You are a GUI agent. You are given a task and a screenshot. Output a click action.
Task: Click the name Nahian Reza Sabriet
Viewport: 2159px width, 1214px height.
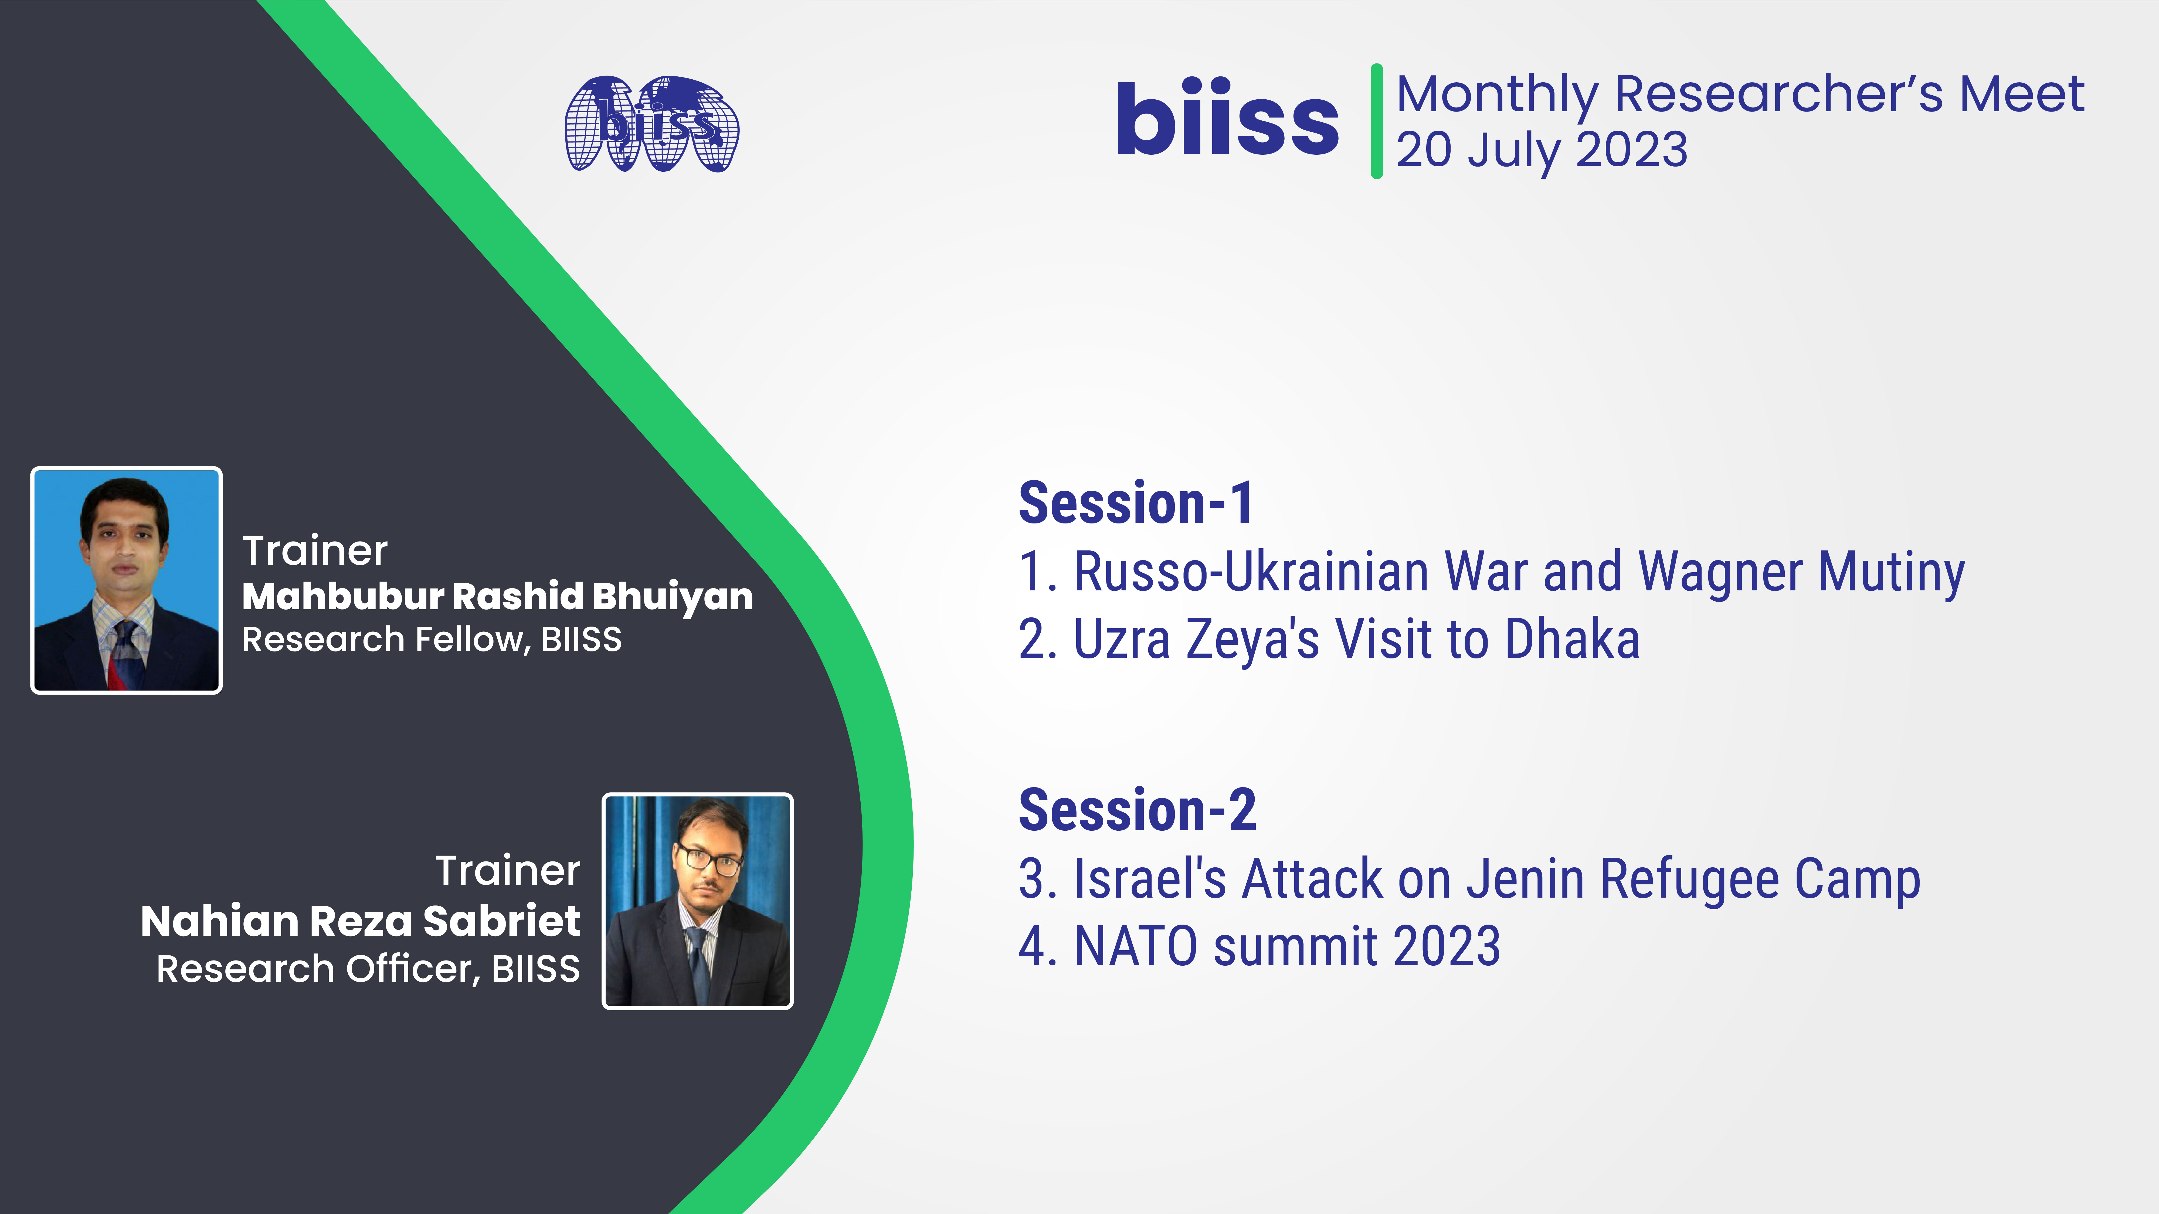[x=360, y=921]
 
